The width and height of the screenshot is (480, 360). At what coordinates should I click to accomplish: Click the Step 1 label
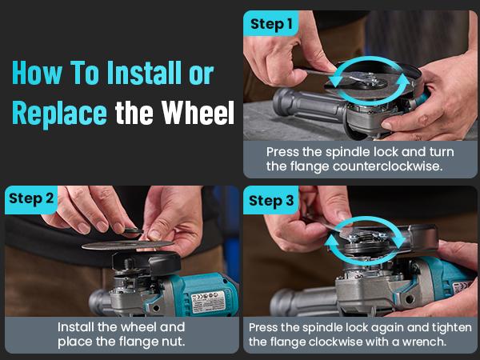(272, 24)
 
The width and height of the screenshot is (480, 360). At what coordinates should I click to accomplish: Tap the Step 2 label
(31, 198)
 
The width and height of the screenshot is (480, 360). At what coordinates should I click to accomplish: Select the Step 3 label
(272, 200)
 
